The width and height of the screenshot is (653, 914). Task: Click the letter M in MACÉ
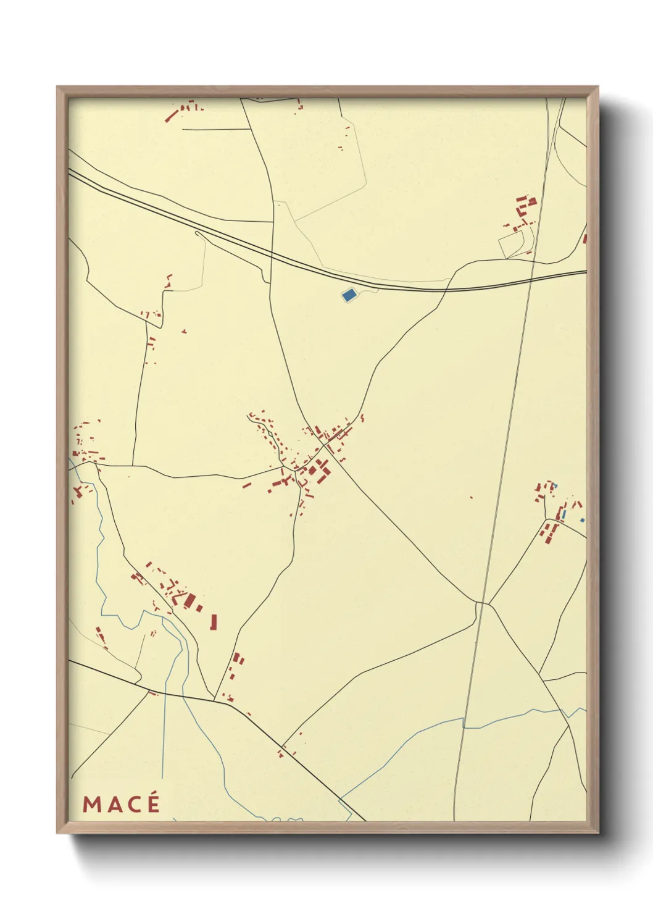(92, 804)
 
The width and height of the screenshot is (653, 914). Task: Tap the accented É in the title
(152, 803)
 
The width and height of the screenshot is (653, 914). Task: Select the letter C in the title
(132, 804)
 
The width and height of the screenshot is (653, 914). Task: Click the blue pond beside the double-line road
(349, 295)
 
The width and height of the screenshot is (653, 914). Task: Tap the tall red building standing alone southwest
(214, 621)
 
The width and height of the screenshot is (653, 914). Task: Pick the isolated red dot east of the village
(471, 497)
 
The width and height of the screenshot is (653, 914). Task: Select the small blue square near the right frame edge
(581, 521)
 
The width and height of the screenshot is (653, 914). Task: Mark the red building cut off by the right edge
(584, 238)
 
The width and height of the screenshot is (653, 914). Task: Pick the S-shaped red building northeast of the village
(362, 418)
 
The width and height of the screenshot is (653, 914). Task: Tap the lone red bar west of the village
(246, 485)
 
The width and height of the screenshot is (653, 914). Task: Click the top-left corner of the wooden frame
(57, 87)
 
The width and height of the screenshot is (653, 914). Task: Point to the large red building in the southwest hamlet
(189, 600)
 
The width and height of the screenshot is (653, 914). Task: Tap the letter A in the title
(112, 804)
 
